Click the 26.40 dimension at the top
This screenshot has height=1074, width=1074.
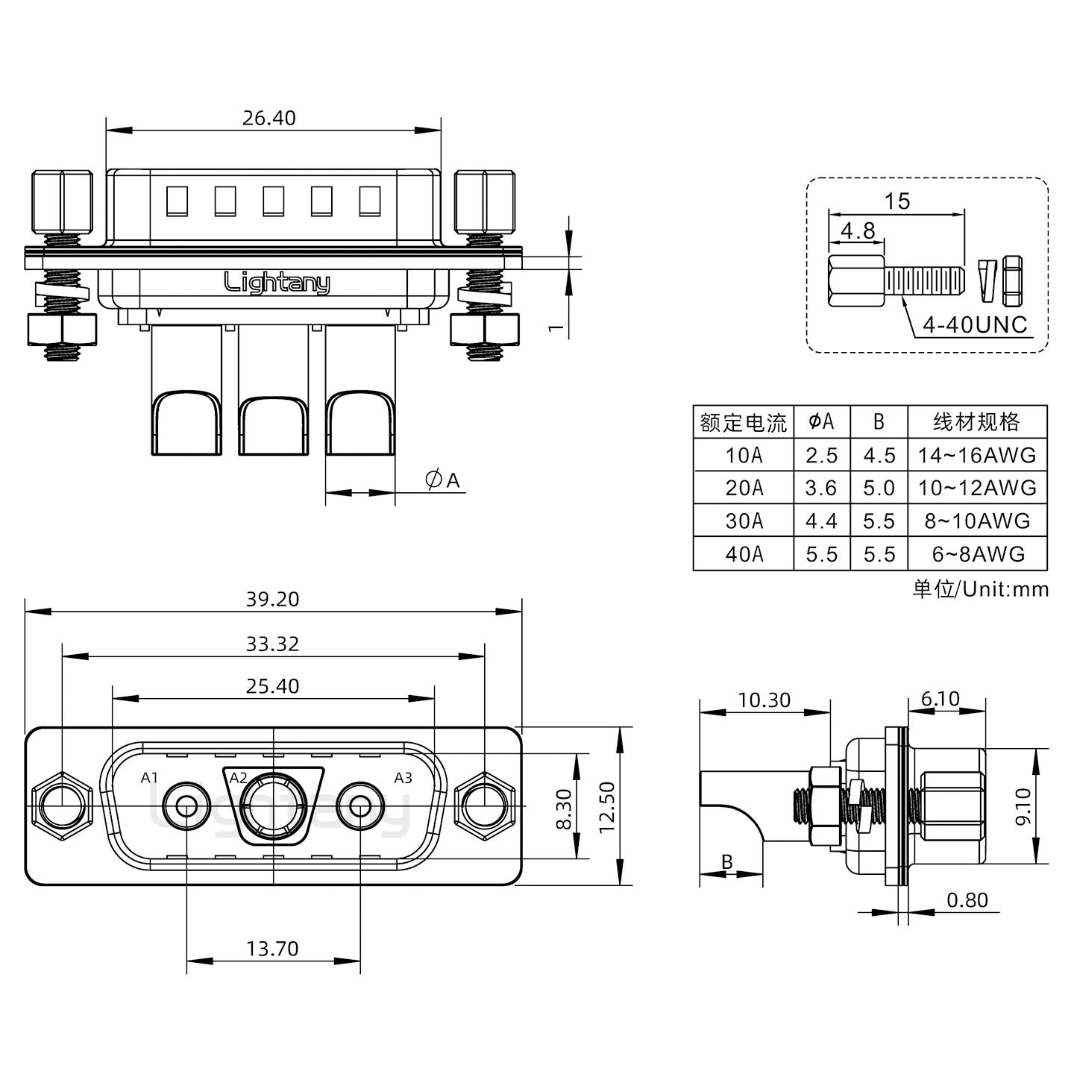268,118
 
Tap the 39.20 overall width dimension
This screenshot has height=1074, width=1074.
272,599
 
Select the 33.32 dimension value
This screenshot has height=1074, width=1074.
272,644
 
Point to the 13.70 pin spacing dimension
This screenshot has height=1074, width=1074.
272,948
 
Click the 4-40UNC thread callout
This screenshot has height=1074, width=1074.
974,325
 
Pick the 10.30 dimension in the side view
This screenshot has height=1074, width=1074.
764,700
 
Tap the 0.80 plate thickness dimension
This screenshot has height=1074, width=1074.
967,900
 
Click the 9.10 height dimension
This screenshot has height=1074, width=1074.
1023,806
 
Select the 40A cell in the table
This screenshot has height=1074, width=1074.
744,554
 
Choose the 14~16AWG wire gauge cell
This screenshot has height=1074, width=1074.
977,455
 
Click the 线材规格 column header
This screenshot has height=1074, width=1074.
977,422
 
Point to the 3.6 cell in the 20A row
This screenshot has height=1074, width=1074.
821,488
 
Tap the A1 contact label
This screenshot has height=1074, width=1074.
150,778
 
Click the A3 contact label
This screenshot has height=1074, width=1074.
403,778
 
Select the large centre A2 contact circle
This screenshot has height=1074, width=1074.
272,806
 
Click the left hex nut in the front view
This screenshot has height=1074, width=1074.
60,806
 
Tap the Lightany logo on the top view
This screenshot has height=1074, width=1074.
277,283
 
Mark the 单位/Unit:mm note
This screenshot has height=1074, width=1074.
980,589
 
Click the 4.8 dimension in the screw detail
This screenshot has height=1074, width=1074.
858,230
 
